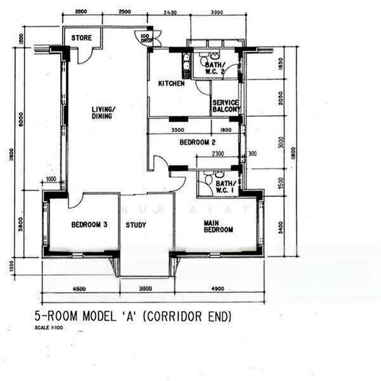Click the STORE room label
[x=81, y=38]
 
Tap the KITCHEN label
[x=171, y=83]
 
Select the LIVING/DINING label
[x=102, y=112]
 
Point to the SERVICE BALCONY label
[x=226, y=106]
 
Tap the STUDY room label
[x=136, y=225]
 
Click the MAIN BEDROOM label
[x=218, y=226]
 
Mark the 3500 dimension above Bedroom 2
[x=179, y=131]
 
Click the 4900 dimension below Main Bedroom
[x=217, y=289]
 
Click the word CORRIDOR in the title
[x=183, y=316]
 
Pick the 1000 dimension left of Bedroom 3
[x=51, y=180]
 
